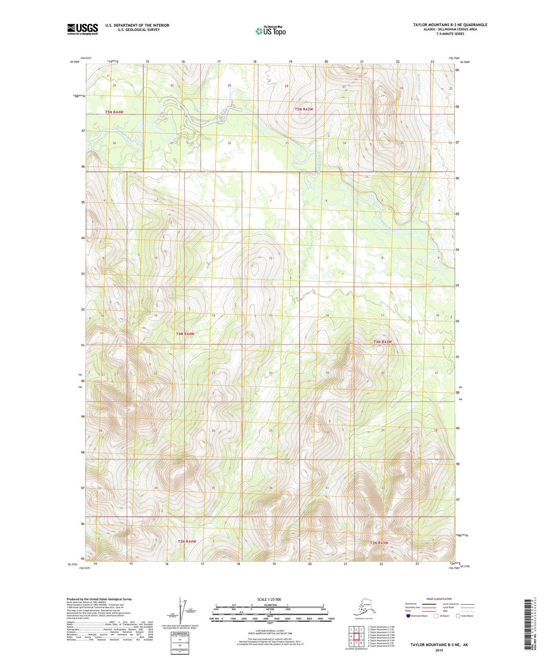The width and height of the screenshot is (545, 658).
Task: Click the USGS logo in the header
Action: (82, 29)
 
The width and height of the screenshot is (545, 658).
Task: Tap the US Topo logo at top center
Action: (270, 31)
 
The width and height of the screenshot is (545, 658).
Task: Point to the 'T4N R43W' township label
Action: (382, 342)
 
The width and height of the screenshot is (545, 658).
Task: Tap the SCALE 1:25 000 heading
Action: (269, 599)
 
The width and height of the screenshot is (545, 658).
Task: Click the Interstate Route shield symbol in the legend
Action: (408, 616)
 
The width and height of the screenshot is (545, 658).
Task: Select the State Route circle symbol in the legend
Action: (458, 616)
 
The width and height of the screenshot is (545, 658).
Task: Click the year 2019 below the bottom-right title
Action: (439, 650)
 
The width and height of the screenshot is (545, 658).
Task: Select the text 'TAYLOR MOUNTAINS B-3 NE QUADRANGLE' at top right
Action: (450, 25)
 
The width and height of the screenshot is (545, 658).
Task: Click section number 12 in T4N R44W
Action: (270, 258)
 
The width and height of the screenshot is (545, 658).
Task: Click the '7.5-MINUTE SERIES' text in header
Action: (450, 34)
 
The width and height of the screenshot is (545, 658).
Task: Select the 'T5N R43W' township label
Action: (304, 109)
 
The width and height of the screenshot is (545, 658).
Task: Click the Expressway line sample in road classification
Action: (428, 604)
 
